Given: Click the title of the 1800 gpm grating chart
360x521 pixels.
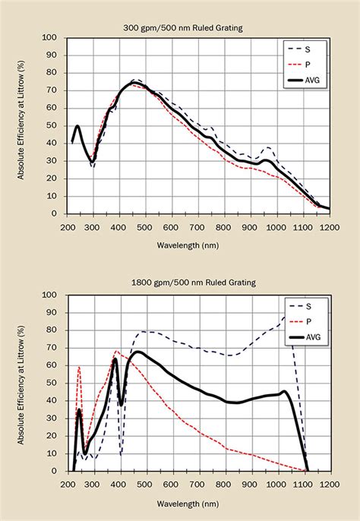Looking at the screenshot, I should pos(200,283).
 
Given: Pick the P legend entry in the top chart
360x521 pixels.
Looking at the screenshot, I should pos(308,64).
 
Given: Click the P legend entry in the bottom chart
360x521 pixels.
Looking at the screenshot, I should pos(308,321).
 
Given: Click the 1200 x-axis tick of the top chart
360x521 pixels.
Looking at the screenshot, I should pos(329,227).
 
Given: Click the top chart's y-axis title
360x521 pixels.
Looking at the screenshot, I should pos(26,125).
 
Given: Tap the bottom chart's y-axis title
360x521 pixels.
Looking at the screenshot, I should pos(26,383).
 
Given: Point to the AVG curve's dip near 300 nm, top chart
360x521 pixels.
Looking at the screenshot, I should pos(92,160).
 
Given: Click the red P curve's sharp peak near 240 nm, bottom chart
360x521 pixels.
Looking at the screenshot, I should pos(79,368).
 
